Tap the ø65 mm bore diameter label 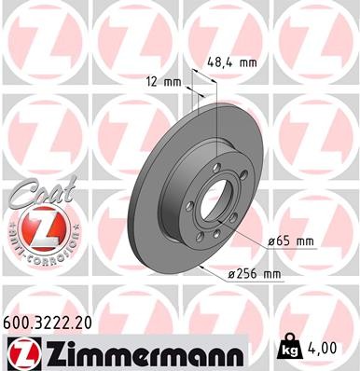[290, 241]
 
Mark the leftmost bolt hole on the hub [190, 207]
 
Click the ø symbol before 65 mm [270, 241]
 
